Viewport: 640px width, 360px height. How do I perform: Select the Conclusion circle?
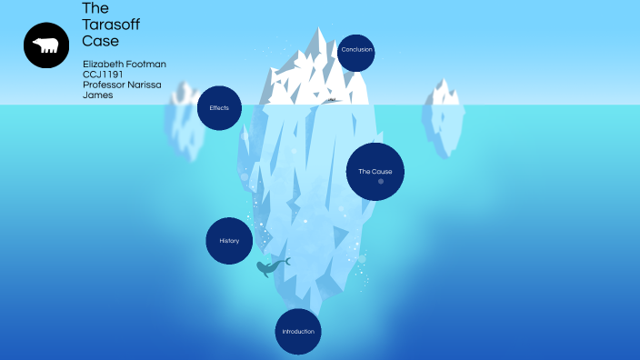pyautogui.click(x=356, y=51)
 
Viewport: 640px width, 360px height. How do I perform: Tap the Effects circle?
pyautogui.click(x=219, y=108)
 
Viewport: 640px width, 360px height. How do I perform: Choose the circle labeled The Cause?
pyautogui.click(x=375, y=171)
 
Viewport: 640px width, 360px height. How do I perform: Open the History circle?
pyautogui.click(x=229, y=241)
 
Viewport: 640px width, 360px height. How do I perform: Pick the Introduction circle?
pyautogui.click(x=298, y=332)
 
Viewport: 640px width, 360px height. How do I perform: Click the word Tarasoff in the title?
pyautogui.click(x=111, y=25)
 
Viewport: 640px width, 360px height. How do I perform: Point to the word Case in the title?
pyautogui.click(x=100, y=41)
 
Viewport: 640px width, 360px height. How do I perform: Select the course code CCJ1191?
pyautogui.click(x=102, y=75)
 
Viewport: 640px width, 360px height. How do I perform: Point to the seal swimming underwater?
pyautogui.click(x=267, y=268)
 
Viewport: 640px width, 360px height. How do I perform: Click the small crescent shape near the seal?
pyautogui.click(x=287, y=262)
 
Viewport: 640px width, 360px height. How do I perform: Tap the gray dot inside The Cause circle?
pyautogui.click(x=381, y=182)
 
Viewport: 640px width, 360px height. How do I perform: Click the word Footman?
pyautogui.click(x=145, y=65)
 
